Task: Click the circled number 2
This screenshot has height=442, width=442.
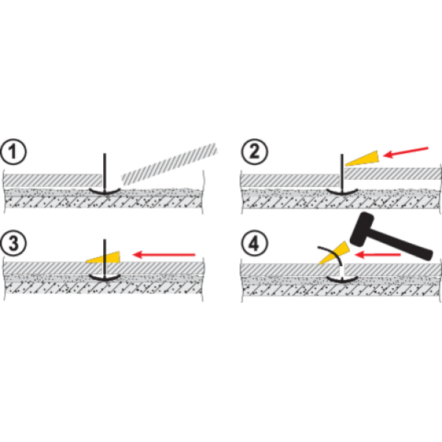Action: pyautogui.click(x=255, y=154)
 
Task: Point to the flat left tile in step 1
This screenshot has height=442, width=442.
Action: pyautogui.click(x=52, y=179)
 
